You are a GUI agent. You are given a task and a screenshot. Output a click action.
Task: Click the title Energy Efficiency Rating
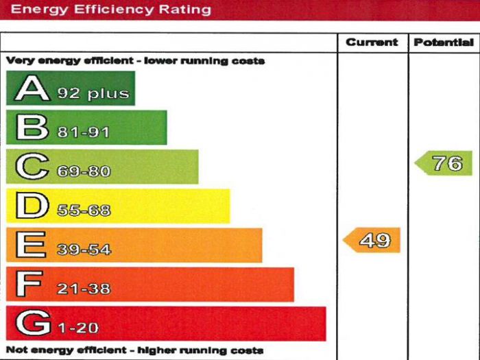pos(112,10)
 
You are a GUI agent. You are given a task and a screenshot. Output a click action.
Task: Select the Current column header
pos(372,43)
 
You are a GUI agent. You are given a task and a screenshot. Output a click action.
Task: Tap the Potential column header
pos(444,43)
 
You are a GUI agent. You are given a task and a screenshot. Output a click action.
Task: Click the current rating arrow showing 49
pos(372,241)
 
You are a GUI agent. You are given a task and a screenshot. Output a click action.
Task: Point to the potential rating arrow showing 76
pos(444,163)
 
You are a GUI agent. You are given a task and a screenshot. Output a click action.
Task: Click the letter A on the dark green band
pos(32,89)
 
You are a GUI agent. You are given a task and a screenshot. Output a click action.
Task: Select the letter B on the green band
pos(32,128)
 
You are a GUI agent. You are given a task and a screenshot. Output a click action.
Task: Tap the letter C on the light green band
pos(32,167)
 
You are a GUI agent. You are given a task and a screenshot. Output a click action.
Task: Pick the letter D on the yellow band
pos(32,206)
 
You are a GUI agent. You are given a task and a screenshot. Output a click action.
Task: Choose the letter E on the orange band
pos(31,245)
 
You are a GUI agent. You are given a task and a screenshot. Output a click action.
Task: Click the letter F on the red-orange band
pos(31,285)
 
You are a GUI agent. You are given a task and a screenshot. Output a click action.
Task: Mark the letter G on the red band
pos(32,324)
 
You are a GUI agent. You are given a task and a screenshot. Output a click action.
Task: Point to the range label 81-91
pos(83,132)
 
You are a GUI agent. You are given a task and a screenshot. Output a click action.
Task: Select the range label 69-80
pos(84,171)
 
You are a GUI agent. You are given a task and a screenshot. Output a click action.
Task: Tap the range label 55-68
pos(84,211)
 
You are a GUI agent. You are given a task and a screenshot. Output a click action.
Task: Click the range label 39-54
pos(84,250)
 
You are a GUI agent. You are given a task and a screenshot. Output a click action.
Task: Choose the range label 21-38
pos(84,289)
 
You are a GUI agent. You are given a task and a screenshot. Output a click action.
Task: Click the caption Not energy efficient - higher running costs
pos(134,350)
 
